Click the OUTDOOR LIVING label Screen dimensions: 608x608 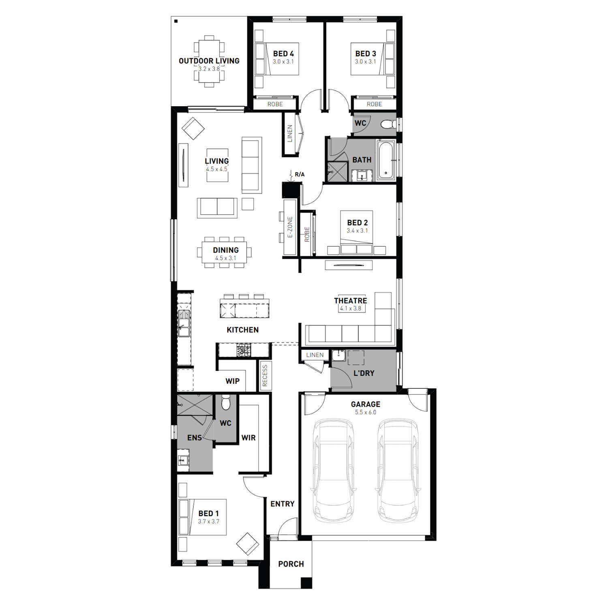point(209,61)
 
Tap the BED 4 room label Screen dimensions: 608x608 point(283,54)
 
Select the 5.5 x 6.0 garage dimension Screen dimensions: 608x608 point(366,412)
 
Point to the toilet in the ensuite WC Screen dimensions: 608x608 point(226,402)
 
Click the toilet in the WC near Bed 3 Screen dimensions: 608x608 point(389,124)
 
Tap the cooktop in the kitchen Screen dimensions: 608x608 point(244,350)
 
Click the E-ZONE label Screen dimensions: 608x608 point(290,227)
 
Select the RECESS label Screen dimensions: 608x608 point(265,376)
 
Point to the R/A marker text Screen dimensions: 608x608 point(300,175)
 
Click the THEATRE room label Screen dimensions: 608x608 point(351,301)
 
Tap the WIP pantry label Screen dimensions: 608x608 point(233,381)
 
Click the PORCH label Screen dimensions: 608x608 point(291,564)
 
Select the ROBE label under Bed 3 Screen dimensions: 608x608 point(375,104)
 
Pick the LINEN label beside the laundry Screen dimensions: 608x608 point(315,355)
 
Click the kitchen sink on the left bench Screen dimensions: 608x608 point(184,323)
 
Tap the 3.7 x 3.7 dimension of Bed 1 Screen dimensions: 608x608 point(209,522)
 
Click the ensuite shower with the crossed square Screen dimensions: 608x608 point(195,405)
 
